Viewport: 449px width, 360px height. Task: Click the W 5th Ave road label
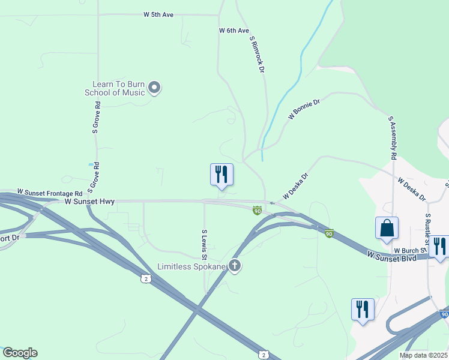tap(158, 14)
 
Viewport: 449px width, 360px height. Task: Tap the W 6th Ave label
tap(234, 30)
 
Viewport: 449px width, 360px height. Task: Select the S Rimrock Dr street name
tap(257, 54)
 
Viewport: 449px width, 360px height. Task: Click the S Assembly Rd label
tap(393, 137)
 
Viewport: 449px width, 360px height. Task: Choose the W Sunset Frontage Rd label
tap(49, 193)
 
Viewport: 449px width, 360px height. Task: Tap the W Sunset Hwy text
tap(90, 202)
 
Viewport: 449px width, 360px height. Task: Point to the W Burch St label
tap(410, 250)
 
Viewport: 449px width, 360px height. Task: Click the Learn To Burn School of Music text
tap(119, 88)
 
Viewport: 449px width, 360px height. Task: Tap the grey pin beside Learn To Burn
tap(154, 88)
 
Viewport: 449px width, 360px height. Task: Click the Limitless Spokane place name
tap(191, 266)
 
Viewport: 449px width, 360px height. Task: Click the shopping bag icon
tap(387, 228)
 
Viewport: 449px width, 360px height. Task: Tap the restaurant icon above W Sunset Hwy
tap(221, 175)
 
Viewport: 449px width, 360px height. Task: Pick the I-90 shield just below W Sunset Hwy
tap(257, 209)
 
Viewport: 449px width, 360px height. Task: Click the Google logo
tap(20, 353)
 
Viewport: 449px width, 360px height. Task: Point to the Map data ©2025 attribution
tap(423, 355)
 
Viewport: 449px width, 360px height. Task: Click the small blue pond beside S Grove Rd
tap(91, 164)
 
